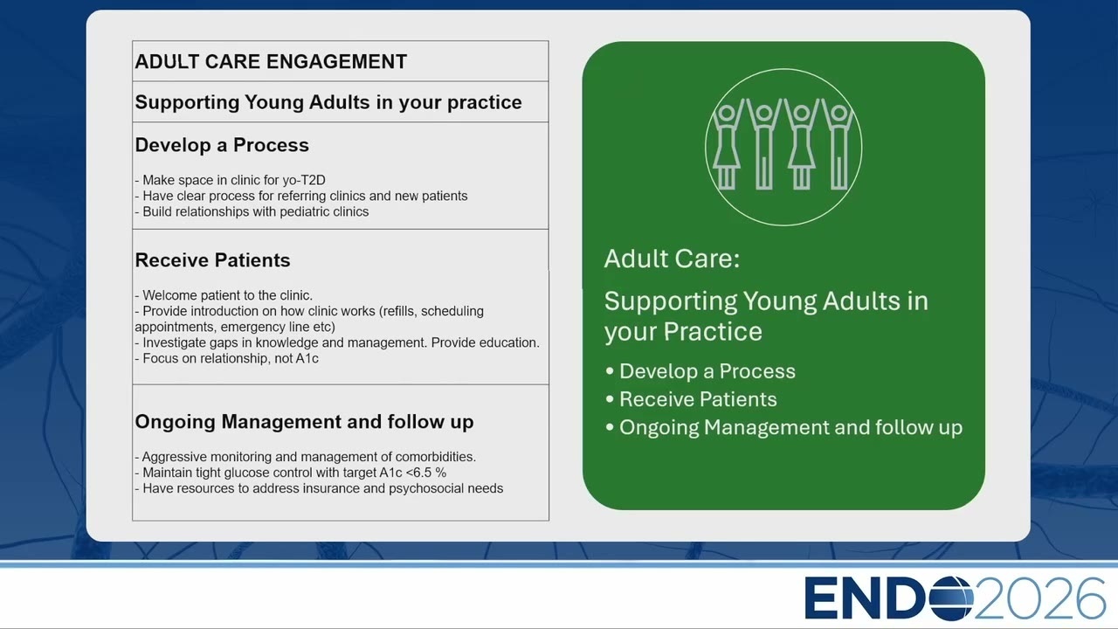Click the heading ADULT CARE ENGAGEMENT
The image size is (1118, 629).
271,62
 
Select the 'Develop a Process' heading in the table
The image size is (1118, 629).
222,145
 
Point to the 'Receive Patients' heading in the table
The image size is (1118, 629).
212,260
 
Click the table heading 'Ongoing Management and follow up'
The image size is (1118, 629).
305,422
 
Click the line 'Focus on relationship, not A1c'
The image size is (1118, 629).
226,358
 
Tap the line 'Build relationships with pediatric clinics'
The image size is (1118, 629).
252,211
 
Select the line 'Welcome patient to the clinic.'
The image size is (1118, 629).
224,295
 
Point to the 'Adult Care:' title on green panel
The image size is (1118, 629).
672,259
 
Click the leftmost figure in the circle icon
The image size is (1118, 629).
727,145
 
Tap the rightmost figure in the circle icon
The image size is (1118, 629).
839,145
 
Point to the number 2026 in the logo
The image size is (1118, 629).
1040,598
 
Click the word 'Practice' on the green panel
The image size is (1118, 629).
713,332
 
